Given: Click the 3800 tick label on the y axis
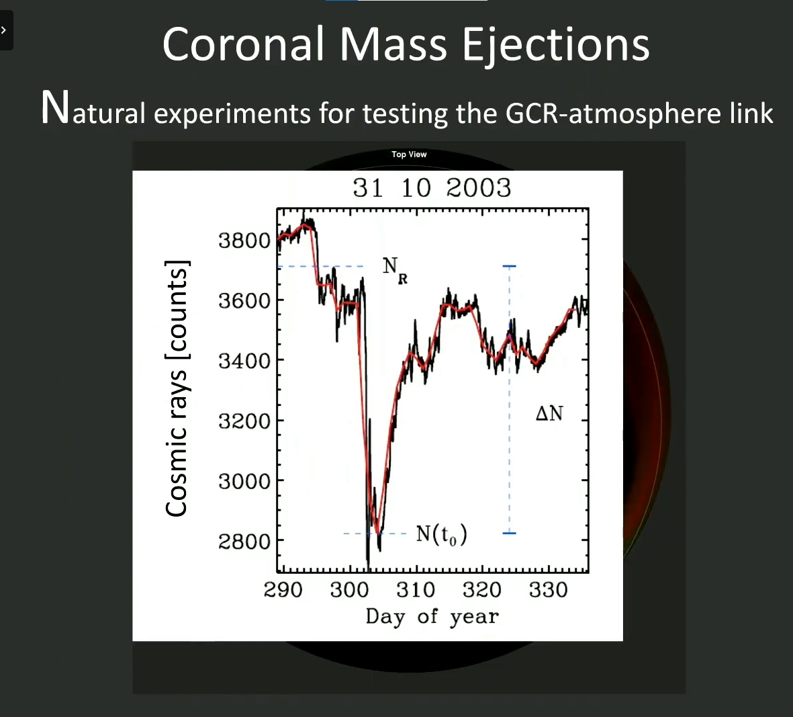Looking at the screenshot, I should tap(244, 240).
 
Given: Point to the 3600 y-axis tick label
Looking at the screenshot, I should tap(244, 300).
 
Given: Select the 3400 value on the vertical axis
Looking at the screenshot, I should tap(244, 361).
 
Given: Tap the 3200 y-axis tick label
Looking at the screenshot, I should tap(244, 421).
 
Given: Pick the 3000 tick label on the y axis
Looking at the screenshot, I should tap(244, 481).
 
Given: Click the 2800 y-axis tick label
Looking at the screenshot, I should tap(244, 541).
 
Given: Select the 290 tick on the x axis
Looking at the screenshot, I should tap(283, 590).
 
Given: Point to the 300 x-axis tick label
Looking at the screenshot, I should tap(349, 590).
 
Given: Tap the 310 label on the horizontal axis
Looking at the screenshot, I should tap(416, 590).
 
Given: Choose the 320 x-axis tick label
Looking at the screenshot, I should tap(481, 590).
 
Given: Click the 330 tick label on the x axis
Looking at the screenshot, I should tap(548, 590).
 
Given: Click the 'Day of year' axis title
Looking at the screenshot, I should tap(432, 616).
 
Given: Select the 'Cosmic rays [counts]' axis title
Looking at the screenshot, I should tap(177, 388).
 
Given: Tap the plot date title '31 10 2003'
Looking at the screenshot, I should tap(432, 188).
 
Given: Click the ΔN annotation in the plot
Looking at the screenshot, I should tap(549, 413).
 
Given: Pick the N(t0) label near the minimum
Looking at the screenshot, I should tap(441, 534).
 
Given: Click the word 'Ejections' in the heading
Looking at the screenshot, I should tap(555, 45).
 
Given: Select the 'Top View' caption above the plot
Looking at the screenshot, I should tap(409, 155).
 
